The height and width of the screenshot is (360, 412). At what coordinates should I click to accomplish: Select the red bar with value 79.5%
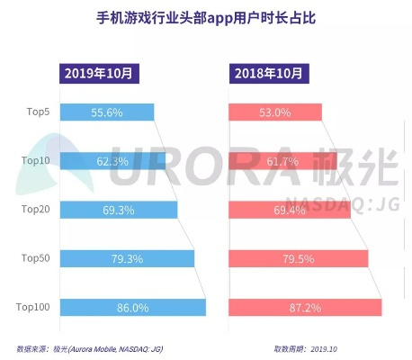pos(298,259)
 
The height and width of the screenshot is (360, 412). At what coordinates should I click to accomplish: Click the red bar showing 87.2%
pos(305,308)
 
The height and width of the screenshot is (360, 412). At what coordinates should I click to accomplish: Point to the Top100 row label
pos(34,308)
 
